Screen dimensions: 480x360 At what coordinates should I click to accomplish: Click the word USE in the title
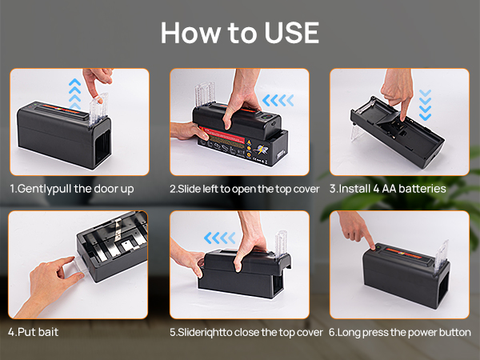[x=291, y=33]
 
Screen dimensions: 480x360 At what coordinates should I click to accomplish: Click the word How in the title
[x=190, y=33]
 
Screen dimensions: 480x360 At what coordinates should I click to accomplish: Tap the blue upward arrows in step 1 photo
[x=75, y=94]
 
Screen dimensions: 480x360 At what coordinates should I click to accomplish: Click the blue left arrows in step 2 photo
[x=278, y=101]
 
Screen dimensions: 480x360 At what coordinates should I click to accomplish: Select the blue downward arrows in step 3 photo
[x=426, y=105]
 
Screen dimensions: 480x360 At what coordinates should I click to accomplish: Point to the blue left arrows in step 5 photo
[x=219, y=238]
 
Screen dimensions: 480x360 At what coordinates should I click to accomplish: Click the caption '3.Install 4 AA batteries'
[x=387, y=189]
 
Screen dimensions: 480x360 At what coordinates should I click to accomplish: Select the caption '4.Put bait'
[x=33, y=332]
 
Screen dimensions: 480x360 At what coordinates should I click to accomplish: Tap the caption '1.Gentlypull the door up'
[x=72, y=189]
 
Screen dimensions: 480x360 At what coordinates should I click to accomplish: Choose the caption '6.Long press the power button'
[x=400, y=333]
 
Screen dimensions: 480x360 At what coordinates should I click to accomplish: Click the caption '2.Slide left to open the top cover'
[x=245, y=189]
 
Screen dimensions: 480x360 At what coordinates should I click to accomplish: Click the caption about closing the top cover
[x=246, y=333]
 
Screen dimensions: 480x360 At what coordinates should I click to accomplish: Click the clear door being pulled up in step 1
[x=98, y=110]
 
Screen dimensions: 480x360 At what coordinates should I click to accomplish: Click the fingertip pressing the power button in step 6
[x=372, y=246]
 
